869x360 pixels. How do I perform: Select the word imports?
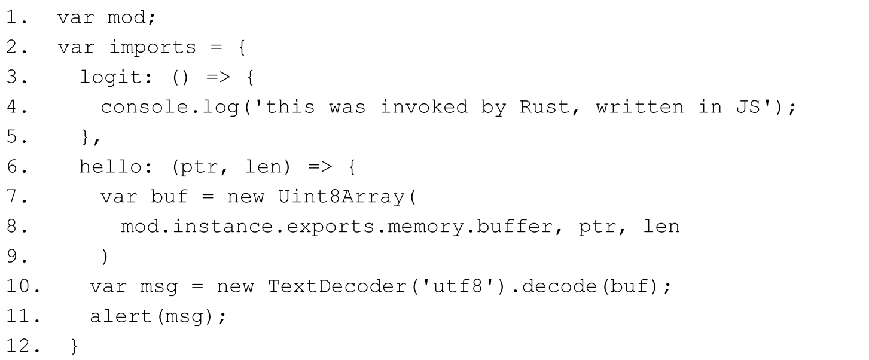[x=153, y=47]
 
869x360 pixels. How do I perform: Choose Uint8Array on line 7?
[x=341, y=197]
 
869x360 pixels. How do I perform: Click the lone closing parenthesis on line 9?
[x=105, y=257]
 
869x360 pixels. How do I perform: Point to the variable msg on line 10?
[x=158, y=287]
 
